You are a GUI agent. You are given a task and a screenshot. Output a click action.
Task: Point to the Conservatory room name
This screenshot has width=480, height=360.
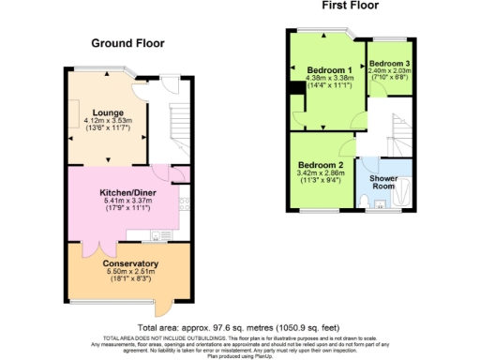point(130,263)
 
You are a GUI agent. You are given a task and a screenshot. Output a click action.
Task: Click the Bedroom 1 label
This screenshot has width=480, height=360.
point(329,70)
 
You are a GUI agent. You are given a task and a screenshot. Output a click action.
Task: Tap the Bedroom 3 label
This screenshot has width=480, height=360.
point(389,63)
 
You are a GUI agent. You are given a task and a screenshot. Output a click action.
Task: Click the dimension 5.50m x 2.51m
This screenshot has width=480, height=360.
point(130,271)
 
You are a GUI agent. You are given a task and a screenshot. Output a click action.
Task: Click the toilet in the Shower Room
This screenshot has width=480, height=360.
point(381,202)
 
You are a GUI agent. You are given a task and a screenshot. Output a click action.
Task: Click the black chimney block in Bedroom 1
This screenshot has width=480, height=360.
point(295,89)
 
